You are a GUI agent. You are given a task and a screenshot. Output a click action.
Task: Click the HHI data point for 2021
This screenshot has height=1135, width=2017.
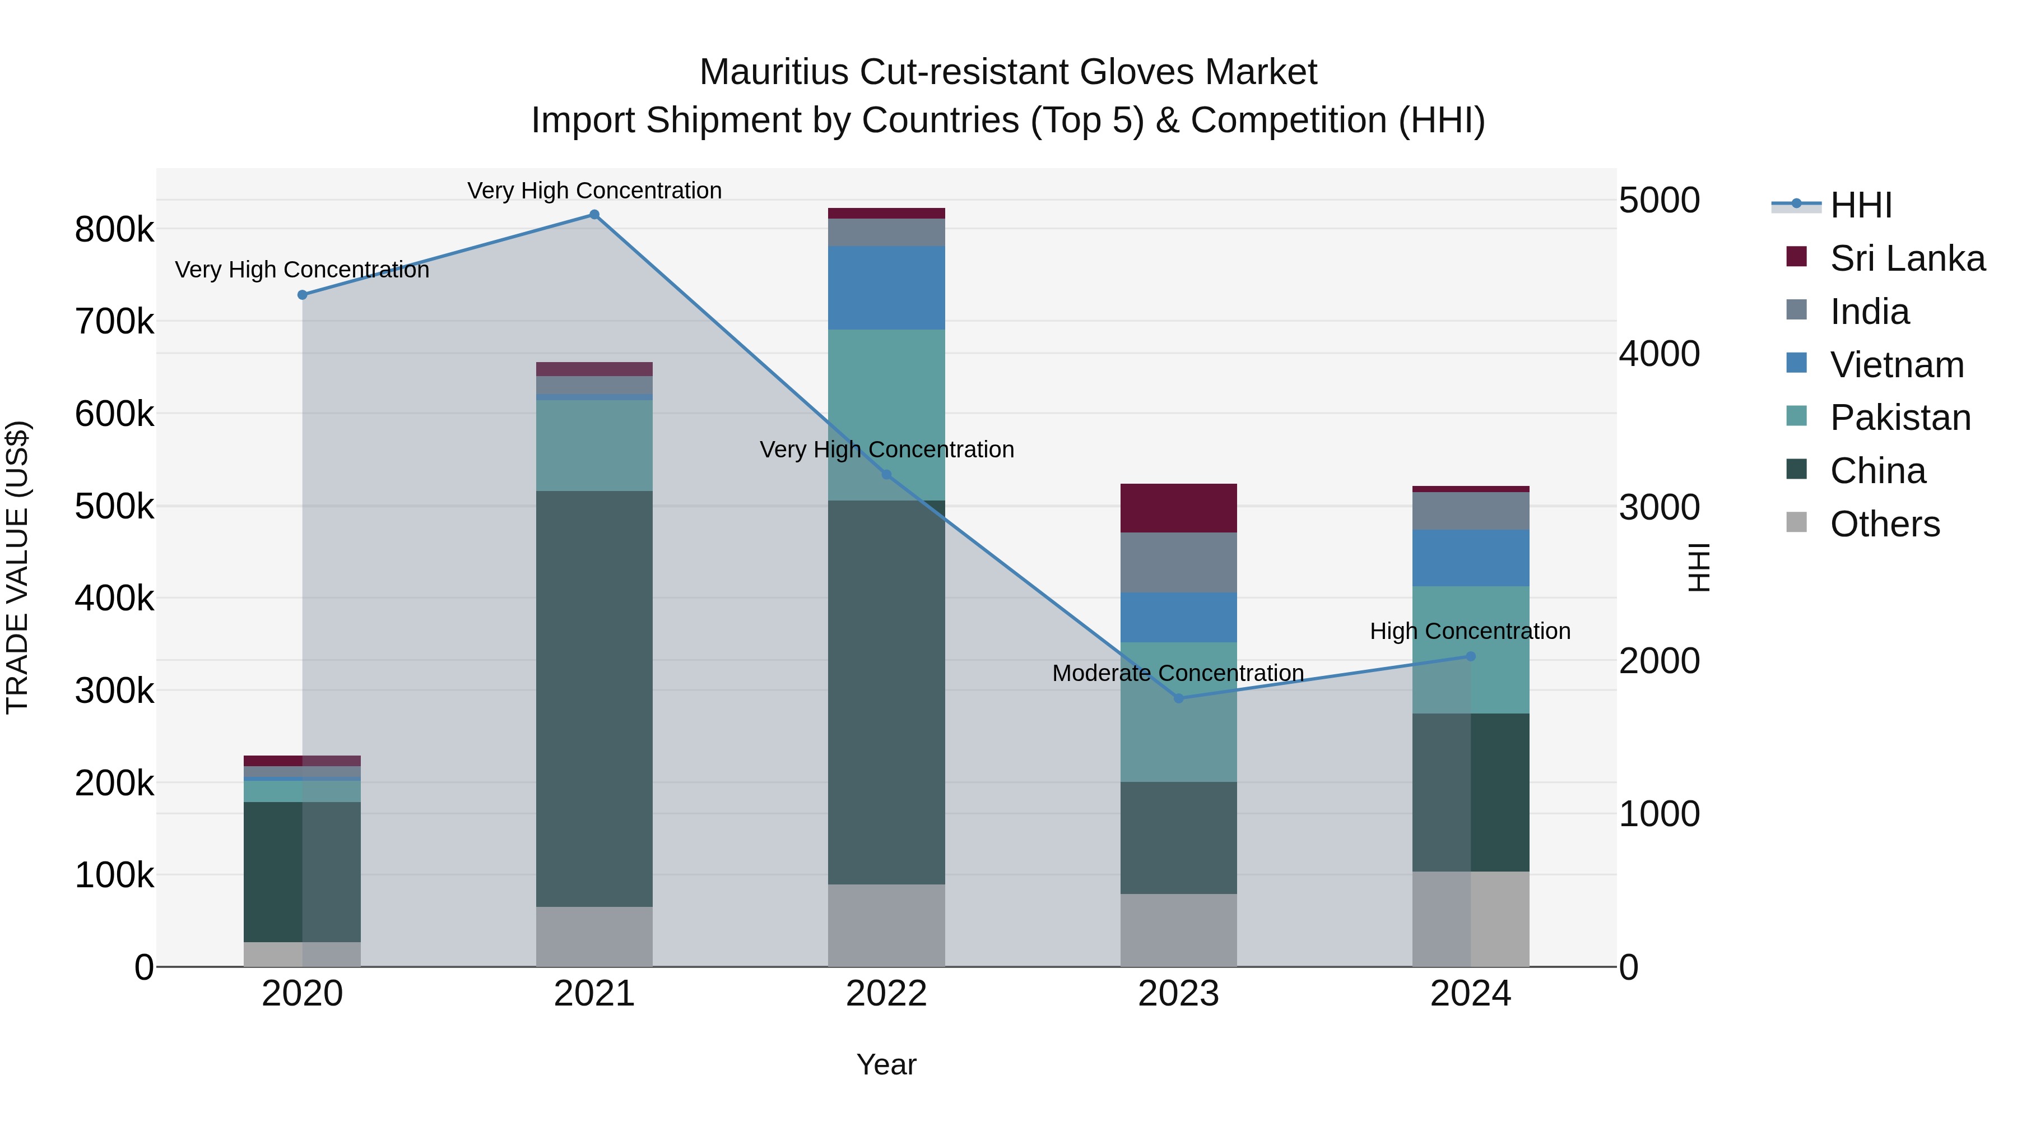click(594, 215)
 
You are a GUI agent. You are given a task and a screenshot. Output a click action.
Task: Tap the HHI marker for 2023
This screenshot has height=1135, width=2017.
click(1178, 698)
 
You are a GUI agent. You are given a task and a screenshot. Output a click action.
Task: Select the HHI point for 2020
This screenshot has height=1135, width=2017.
click(302, 295)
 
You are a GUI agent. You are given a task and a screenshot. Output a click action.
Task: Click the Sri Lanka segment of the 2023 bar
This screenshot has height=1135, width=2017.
click(1178, 508)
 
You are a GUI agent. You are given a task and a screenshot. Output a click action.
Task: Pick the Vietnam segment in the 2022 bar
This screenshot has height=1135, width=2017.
click(886, 288)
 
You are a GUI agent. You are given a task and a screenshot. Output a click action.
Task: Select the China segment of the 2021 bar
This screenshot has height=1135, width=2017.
click(594, 699)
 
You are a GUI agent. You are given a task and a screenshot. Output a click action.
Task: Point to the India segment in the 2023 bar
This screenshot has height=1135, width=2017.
click(1178, 562)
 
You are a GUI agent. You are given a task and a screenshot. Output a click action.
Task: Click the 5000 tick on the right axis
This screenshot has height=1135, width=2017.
click(1659, 201)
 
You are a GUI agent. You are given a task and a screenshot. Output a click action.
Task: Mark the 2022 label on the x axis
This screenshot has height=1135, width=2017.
click(886, 994)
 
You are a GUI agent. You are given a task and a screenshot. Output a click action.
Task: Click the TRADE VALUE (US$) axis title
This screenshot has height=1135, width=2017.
click(18, 567)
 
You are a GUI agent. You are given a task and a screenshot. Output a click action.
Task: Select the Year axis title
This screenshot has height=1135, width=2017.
click(886, 1064)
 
